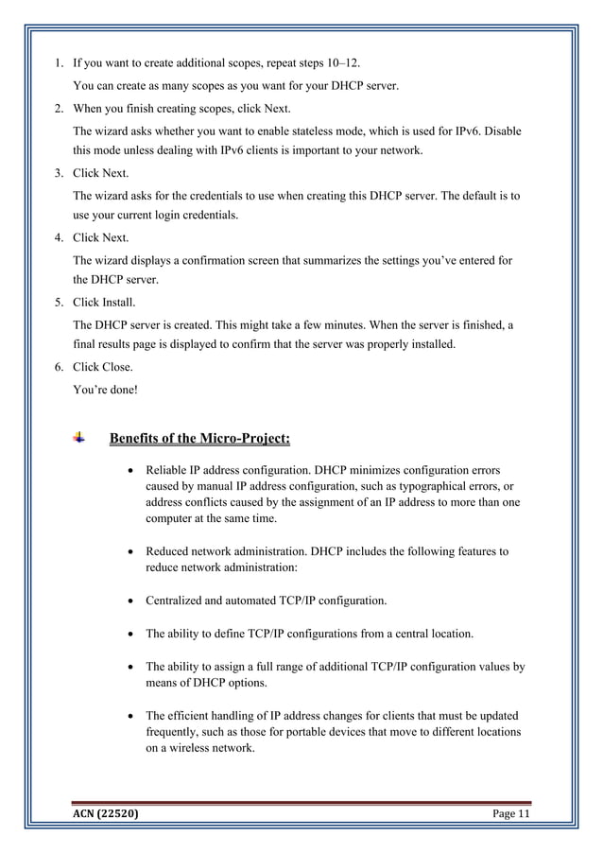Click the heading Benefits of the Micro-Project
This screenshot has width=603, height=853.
click(199, 438)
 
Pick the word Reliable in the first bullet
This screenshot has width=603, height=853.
click(167, 470)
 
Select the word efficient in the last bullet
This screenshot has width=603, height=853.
click(193, 716)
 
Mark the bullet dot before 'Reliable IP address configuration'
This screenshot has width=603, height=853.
click(129, 470)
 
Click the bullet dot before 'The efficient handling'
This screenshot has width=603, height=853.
click(129, 716)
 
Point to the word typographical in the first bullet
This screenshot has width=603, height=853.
click(415, 487)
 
